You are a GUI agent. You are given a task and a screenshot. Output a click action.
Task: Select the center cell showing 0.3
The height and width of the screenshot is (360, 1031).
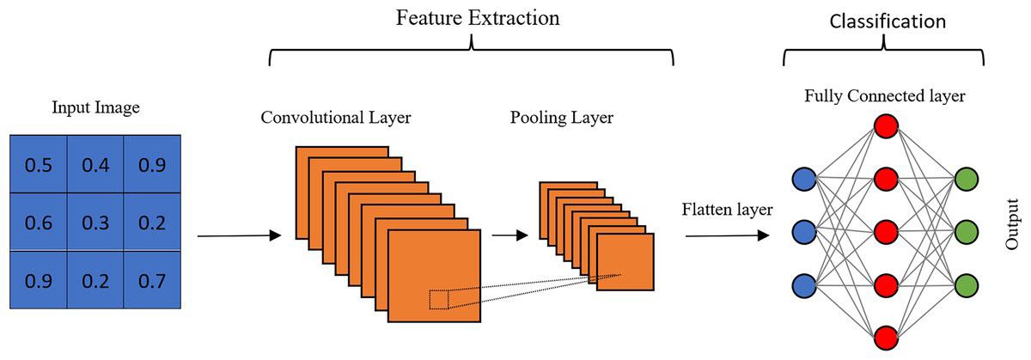point(95,223)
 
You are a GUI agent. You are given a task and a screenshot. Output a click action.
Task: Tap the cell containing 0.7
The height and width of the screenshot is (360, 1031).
point(151,279)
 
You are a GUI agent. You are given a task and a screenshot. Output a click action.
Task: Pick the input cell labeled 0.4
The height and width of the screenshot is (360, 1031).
point(95,165)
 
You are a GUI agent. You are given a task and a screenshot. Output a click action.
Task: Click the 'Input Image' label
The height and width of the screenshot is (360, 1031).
point(95,108)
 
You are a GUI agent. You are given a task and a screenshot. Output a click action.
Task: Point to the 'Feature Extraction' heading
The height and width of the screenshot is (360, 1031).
point(477,18)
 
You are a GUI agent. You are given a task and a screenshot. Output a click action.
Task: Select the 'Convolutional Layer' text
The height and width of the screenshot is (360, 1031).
point(336,117)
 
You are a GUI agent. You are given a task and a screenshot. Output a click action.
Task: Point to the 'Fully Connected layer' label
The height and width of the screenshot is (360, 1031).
point(885,96)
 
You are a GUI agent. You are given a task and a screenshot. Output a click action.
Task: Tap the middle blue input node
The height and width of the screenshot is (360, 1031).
point(804,232)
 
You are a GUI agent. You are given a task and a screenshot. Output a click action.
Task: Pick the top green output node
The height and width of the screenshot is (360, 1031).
point(967,180)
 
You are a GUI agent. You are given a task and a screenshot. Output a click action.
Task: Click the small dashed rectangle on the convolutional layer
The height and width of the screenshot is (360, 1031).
point(439,298)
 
